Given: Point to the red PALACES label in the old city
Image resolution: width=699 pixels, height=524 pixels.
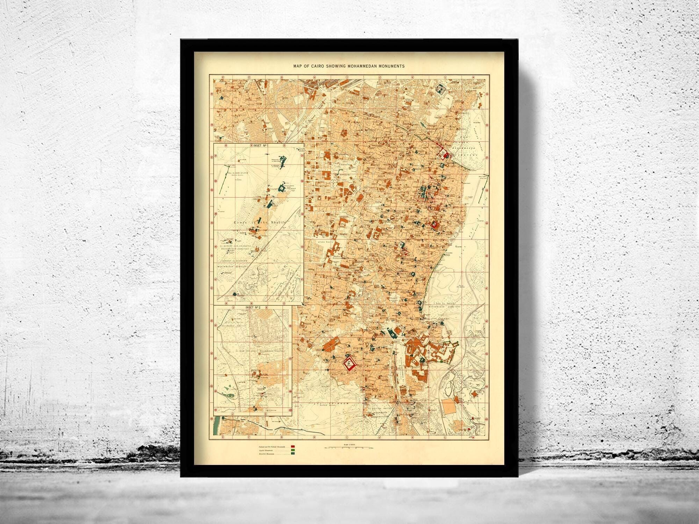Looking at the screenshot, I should pyautogui.click(x=432, y=201).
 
